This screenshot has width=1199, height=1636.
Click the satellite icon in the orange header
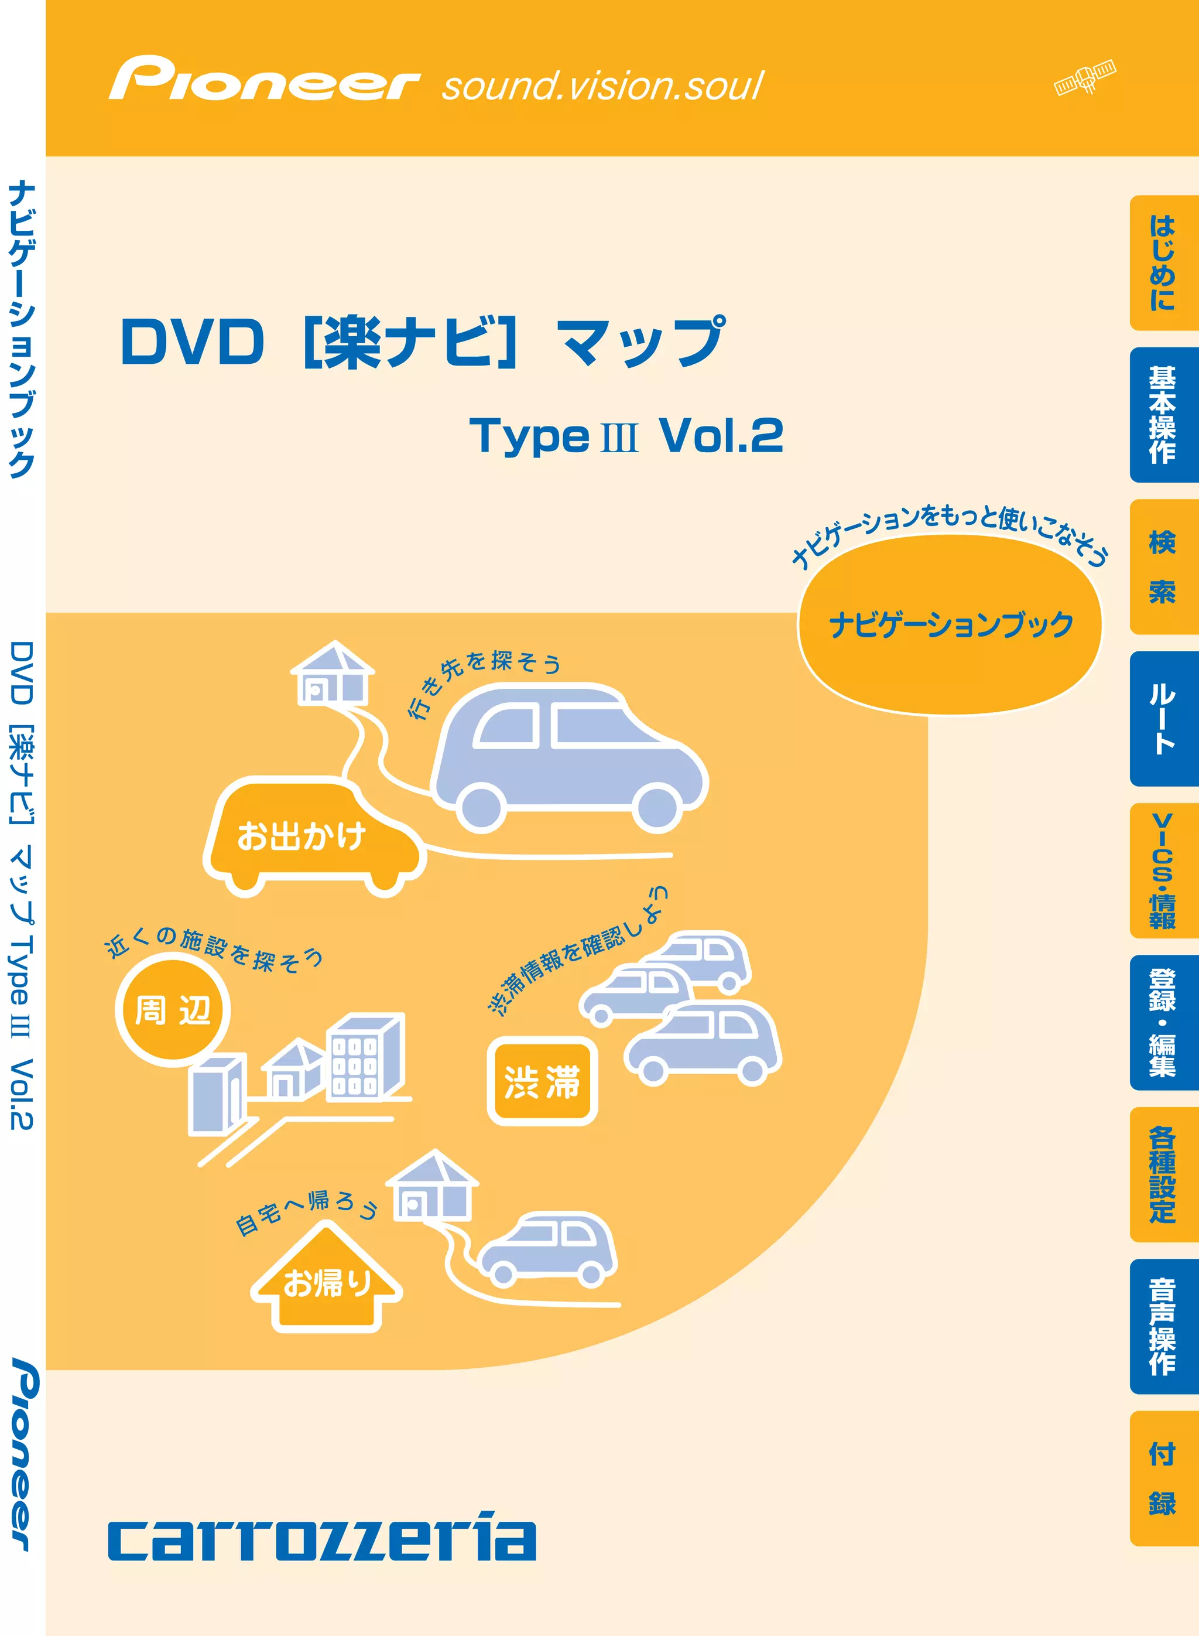tap(1085, 77)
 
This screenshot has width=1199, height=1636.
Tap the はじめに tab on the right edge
tap(1163, 263)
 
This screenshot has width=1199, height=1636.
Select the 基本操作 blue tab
tap(1163, 415)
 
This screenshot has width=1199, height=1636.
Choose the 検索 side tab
tap(1163, 566)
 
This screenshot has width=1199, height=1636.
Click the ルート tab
tap(1163, 718)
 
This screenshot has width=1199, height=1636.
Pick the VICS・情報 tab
tap(1163, 870)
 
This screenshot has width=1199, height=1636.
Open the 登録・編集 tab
tap(1163, 1022)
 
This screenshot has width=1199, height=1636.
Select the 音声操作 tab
tap(1163, 1326)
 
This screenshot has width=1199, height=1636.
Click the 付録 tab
tap(1163, 1478)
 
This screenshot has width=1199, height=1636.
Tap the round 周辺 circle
tap(173, 1009)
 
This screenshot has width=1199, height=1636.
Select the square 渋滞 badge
tap(542, 1081)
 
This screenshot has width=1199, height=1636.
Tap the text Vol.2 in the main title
tap(721, 436)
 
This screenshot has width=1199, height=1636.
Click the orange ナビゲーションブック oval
tap(950, 624)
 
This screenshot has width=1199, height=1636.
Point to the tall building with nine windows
tap(364, 1058)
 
